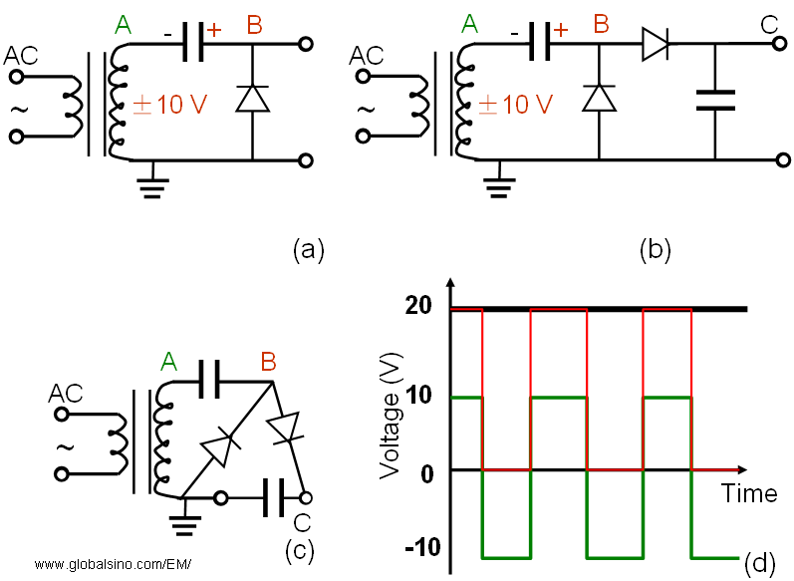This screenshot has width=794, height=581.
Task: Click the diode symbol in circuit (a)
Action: (252, 99)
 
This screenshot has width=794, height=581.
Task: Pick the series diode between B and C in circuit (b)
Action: (656, 43)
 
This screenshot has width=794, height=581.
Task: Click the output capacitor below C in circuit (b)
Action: (714, 99)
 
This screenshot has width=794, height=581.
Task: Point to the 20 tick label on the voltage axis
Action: (419, 307)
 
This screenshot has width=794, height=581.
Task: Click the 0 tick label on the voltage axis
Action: (427, 471)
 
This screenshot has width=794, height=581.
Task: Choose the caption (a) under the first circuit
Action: (309, 248)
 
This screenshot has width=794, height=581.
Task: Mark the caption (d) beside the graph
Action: (759, 563)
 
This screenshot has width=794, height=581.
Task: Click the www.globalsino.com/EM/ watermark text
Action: (112, 565)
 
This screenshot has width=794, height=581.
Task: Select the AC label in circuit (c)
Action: (67, 396)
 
